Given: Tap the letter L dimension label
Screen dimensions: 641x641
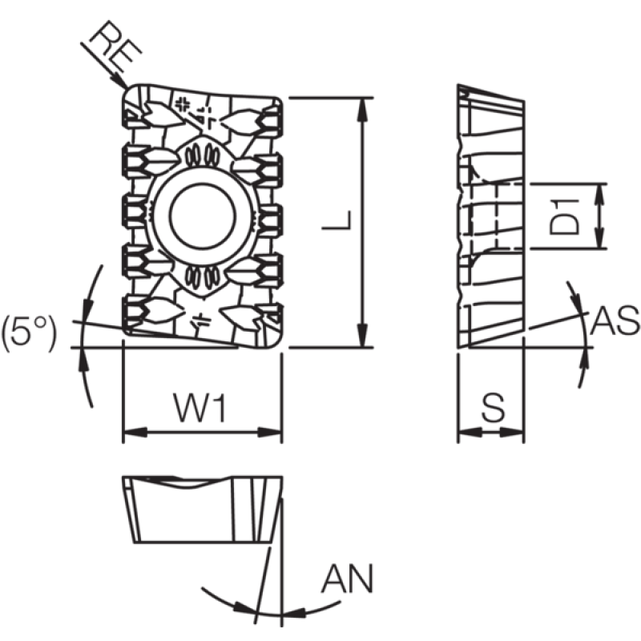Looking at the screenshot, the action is (x=337, y=220).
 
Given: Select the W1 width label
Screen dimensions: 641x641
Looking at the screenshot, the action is (x=200, y=407).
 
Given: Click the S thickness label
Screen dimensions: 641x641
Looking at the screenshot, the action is (x=494, y=408).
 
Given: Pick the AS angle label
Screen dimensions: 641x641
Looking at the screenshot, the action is (x=615, y=320).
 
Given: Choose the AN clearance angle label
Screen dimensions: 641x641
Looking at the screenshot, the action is (x=348, y=578).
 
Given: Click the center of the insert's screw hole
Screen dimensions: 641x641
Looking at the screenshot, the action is (x=203, y=216).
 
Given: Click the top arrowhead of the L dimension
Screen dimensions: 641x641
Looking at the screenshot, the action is (x=362, y=110).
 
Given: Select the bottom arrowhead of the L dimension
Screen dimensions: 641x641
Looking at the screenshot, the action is (x=362, y=335).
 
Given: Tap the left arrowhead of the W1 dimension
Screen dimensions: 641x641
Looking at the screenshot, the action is (x=135, y=432).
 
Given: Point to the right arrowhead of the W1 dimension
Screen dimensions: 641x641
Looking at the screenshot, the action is (x=270, y=432).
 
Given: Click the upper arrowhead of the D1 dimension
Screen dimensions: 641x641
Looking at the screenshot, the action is (x=599, y=195).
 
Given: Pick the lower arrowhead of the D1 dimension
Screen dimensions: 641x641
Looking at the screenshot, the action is (x=599, y=237).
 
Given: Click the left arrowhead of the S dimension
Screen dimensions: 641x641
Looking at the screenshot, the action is (x=470, y=432).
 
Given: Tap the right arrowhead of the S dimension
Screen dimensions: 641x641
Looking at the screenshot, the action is (x=512, y=432).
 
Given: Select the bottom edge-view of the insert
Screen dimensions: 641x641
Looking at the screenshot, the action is (x=203, y=510).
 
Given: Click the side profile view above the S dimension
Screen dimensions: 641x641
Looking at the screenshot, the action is (x=490, y=216).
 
